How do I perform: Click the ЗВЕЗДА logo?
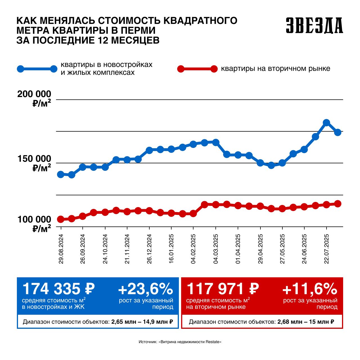314,25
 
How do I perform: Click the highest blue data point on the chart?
326,122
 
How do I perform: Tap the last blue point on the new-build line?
338,132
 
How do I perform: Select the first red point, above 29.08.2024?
60,219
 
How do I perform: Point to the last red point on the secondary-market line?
338,204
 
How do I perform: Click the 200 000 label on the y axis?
34,94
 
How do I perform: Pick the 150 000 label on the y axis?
34,159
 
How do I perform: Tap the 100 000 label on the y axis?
34,220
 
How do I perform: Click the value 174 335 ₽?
58,289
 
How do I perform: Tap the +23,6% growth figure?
146,289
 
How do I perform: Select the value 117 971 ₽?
222,289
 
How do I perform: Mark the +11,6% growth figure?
310,289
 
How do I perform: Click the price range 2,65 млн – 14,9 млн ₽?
142,322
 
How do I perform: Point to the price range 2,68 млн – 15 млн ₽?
306,322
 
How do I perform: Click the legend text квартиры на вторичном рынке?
276,69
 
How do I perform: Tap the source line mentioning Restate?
180,342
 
